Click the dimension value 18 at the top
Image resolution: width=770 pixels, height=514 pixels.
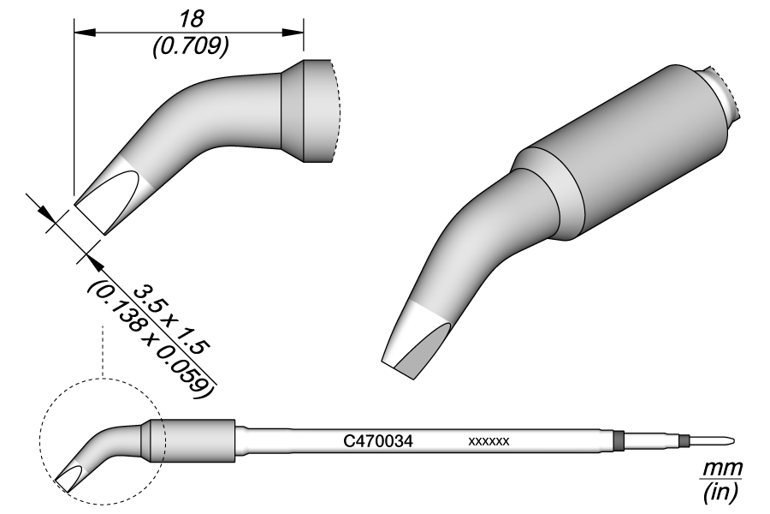click(191, 19)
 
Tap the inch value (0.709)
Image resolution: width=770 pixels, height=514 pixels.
click(191, 47)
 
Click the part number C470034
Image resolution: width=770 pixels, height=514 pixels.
click(378, 441)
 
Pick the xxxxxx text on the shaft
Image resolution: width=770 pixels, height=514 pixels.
click(489, 442)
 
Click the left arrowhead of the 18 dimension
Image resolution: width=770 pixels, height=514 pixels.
click(84, 32)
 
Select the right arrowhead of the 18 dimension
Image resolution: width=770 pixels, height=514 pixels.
click(293, 32)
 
